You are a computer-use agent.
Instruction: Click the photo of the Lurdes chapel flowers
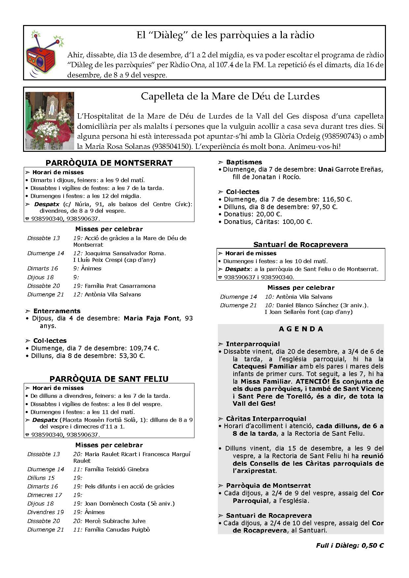[x=50, y=121]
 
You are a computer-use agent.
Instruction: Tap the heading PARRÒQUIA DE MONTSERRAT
[x=109, y=163]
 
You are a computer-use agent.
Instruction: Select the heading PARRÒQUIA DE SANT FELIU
[x=109, y=379]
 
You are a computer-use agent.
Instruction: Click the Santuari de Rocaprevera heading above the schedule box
[x=301, y=244]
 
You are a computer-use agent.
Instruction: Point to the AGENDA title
[x=301, y=329]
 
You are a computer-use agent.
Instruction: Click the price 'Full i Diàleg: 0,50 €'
[x=350, y=545]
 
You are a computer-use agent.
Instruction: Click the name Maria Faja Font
[x=152, y=318]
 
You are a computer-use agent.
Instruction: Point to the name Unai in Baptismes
[x=326, y=170]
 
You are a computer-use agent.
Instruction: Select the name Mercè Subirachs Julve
[x=115, y=521]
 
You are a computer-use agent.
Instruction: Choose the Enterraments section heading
[x=57, y=311]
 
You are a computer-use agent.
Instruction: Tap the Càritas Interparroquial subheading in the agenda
[x=266, y=419]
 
